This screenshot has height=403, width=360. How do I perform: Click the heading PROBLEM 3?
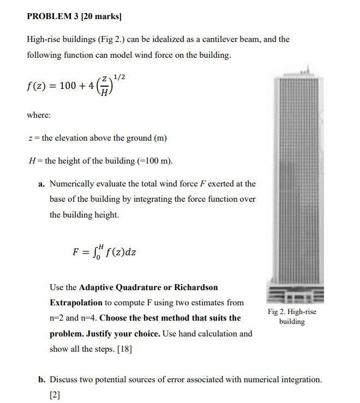[x=52, y=16]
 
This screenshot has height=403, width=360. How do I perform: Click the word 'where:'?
[x=39, y=115]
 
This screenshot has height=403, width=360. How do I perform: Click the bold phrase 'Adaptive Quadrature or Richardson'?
[x=148, y=287]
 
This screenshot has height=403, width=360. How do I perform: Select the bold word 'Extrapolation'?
[x=76, y=303]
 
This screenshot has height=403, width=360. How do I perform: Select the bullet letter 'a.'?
[x=41, y=184]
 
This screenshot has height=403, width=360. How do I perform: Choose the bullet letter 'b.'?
[x=42, y=378]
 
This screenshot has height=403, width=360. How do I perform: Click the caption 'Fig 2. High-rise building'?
[x=292, y=317]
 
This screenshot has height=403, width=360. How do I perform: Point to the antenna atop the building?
[x=307, y=69]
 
